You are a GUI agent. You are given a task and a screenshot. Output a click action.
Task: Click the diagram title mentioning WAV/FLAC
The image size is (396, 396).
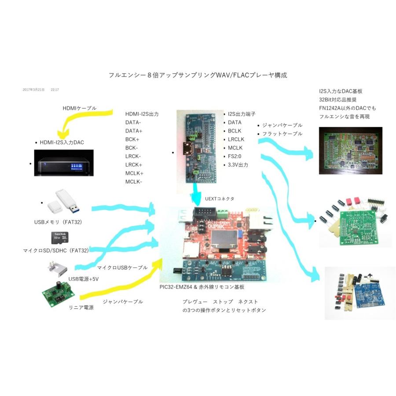coord(198,75)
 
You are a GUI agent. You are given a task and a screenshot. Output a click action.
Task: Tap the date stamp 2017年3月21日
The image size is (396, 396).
coord(33,89)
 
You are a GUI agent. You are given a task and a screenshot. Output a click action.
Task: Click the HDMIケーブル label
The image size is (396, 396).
coord(79,108)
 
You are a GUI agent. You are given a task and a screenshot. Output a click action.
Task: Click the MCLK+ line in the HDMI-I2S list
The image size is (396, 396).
coord(134,173)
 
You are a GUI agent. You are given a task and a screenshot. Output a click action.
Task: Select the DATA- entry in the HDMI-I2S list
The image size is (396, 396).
coord(133,122)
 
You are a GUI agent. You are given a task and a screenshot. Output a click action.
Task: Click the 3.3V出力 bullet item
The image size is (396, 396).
coord(238,165)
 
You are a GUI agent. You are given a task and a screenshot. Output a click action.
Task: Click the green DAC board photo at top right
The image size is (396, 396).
coord(350,151)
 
